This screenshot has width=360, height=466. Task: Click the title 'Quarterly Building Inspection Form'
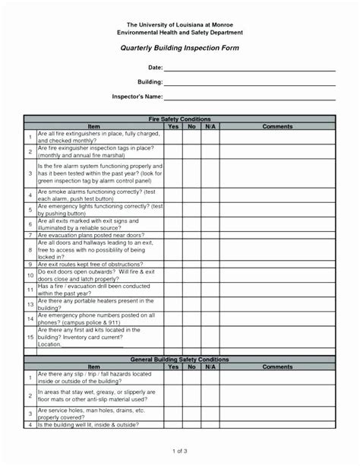point(180,47)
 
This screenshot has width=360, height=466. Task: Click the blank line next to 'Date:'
point(251,69)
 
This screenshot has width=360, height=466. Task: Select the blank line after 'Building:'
point(251,83)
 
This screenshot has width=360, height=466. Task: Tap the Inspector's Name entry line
point(251,98)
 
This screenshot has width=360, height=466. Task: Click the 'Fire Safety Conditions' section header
point(180,119)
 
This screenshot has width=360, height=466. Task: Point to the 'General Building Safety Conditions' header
point(180,359)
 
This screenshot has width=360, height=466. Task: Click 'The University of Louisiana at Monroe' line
point(180,25)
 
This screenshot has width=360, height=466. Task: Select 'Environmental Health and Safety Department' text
point(180,33)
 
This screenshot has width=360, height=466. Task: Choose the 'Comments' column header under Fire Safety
point(277,126)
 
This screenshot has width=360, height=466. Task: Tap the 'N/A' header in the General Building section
point(210,366)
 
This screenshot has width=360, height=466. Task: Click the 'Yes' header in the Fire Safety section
point(173,126)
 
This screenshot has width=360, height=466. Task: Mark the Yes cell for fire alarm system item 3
point(173,174)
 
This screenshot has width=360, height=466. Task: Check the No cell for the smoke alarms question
point(192,195)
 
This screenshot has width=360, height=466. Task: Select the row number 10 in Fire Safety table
point(30,274)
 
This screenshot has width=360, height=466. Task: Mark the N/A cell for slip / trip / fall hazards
point(210,378)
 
